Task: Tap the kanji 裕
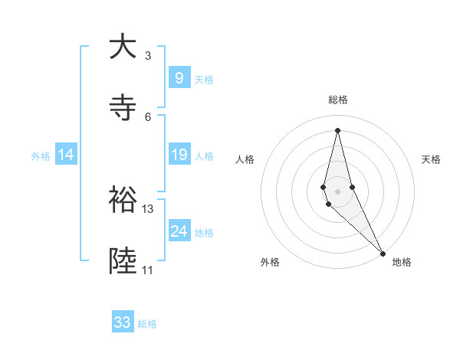123,198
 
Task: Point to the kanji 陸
123,260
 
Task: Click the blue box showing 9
179,77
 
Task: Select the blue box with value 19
179,155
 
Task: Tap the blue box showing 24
179,231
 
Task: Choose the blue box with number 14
66,155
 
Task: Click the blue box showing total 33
123,322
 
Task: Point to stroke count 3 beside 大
148,56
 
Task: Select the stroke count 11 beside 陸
148,270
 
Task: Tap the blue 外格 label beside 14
41,156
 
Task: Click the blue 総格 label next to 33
147,324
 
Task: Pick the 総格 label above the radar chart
337,100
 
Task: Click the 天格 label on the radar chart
432,159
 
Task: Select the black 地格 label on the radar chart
402,262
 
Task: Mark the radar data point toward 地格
383,253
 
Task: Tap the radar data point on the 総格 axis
337,129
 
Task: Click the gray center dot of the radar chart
337,191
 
